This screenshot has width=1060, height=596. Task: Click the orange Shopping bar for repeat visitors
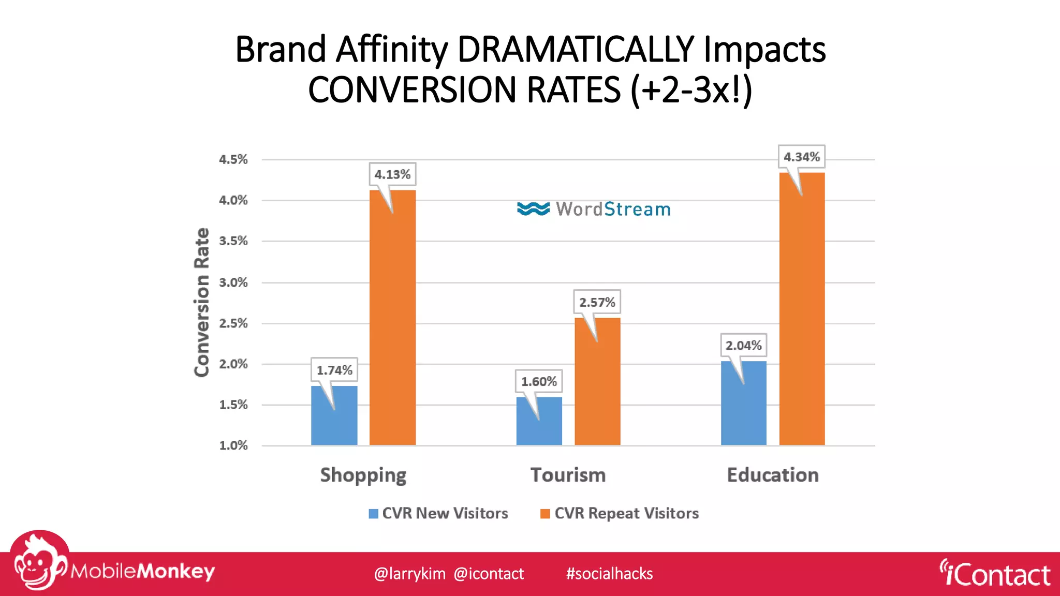coord(392,321)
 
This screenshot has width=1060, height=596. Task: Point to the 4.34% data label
coord(801,157)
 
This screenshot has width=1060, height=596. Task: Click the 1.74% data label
coord(334,370)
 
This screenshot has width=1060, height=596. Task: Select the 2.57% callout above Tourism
coord(597,302)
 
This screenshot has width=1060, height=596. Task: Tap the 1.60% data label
coord(539,382)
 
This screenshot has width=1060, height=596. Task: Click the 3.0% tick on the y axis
coord(233,282)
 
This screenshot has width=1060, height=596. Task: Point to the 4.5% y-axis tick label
coord(233,159)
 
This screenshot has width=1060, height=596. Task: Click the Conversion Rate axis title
coord(201,302)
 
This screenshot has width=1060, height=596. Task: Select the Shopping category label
coord(363,475)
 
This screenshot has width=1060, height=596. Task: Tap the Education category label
coord(773,475)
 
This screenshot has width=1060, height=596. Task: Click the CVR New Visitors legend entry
coord(438,513)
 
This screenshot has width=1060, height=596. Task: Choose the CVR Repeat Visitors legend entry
coord(620,513)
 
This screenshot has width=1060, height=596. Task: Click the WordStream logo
coord(594,209)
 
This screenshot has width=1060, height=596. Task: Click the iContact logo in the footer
coord(995,574)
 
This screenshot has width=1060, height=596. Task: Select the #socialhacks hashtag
coord(609,574)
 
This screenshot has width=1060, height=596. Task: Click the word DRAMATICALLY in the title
coord(576,50)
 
